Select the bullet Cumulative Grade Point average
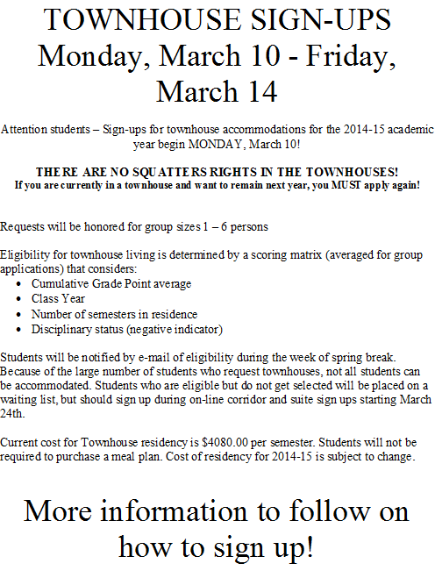(111, 284)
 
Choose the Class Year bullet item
(58, 299)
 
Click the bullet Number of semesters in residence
(114, 314)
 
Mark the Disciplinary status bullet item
(127, 329)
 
